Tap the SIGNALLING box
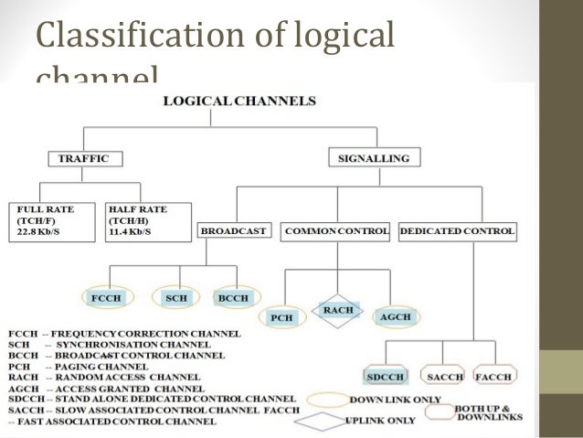pyautogui.click(x=374, y=158)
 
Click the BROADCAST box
pyautogui.click(x=234, y=232)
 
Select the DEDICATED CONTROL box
pyautogui.click(x=457, y=232)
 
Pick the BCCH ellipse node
pyautogui.click(x=228, y=298)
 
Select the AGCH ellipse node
pyautogui.click(x=393, y=316)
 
